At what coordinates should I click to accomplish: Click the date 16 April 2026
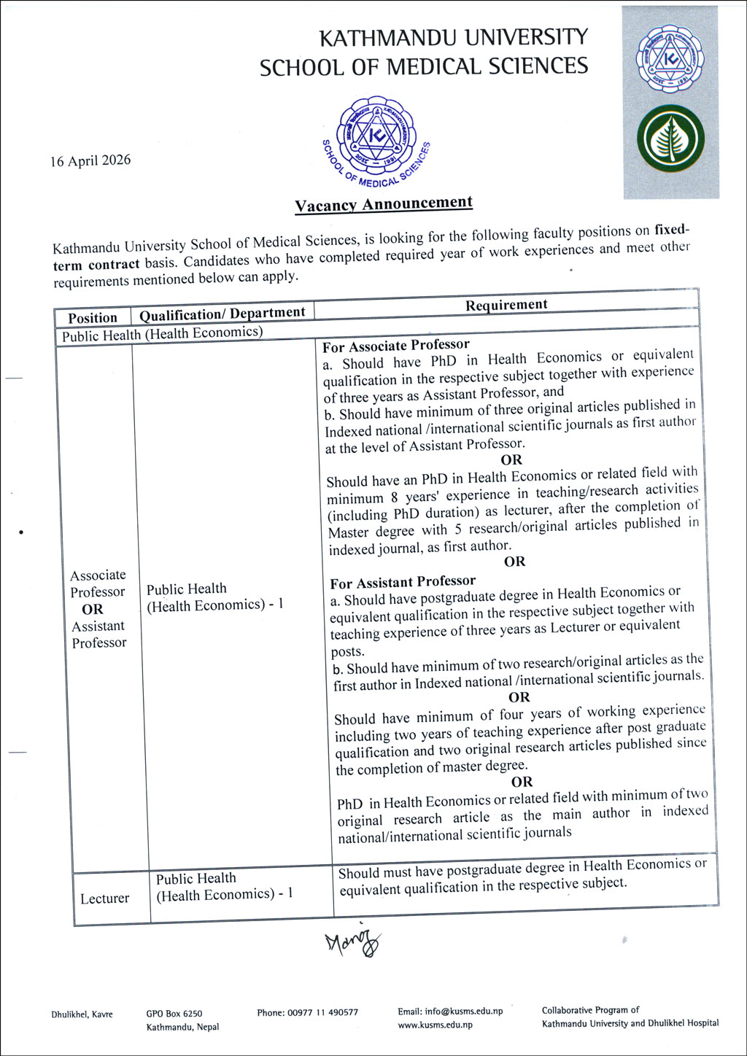point(90,160)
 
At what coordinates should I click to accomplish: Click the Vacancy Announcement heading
point(384,204)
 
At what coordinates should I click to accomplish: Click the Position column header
point(93,318)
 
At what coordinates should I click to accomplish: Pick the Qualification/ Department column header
point(222,314)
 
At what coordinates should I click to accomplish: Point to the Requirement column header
point(506,305)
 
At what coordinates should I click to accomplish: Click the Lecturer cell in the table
point(104,898)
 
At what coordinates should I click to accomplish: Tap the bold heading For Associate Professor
point(396,345)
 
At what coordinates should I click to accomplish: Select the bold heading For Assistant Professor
point(403,582)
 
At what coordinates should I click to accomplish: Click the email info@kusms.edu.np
point(450,1012)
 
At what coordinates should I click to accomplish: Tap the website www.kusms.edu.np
point(435,1025)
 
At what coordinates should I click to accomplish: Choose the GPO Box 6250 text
point(174,1014)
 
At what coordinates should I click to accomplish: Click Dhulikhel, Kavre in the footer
point(82,1014)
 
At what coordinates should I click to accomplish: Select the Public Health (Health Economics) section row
point(162,334)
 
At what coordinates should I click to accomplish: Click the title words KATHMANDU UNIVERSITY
point(454,37)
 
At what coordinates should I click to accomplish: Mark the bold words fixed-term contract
point(96,265)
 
